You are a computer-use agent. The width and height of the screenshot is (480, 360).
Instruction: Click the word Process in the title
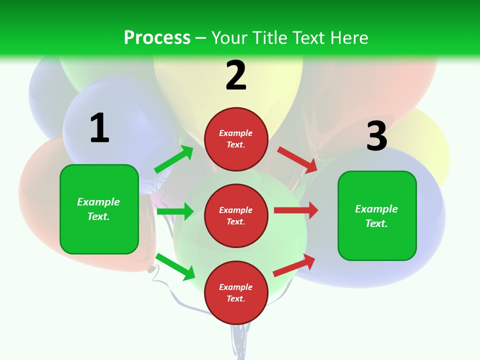[157, 38]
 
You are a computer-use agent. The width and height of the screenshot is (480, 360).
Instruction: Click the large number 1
[99, 128]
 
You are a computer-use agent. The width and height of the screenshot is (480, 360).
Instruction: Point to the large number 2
[236, 75]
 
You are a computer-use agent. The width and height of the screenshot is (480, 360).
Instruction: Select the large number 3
[376, 136]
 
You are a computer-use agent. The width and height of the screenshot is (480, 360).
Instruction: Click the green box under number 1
[99, 209]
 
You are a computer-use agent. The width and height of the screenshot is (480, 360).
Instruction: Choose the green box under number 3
[377, 216]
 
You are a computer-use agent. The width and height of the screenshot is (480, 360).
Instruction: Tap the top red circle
[236, 139]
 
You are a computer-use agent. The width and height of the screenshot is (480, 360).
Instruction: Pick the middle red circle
[236, 216]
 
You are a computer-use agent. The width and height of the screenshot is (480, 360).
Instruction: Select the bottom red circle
[236, 293]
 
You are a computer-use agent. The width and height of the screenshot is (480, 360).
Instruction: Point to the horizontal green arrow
[175, 211]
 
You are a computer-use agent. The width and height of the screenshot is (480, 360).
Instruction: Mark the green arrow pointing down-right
[175, 266]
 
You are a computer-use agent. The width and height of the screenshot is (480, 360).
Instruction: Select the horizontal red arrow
[296, 210]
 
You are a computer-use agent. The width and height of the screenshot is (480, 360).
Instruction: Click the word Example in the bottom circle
[236, 287]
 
